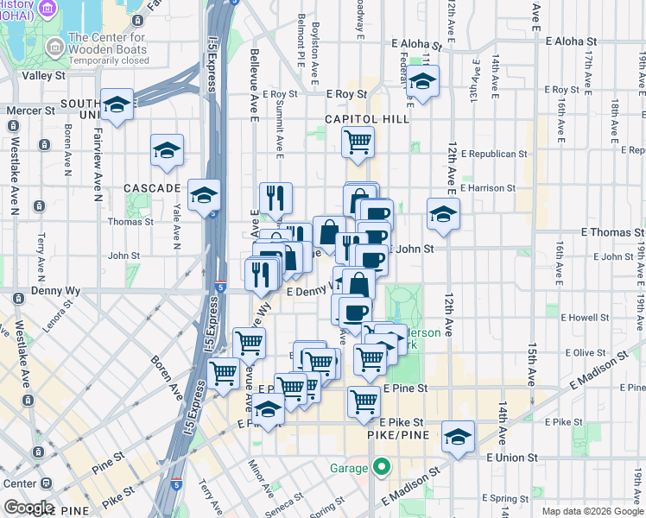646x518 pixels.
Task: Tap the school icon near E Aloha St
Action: pos(422,82)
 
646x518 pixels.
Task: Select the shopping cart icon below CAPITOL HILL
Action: pos(358,140)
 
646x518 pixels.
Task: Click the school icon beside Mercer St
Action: pos(117,104)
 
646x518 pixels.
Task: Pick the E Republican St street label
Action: pos(493,154)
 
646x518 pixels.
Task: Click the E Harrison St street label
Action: pos(488,187)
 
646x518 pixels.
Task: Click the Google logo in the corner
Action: pos(28,508)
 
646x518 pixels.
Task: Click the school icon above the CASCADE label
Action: pos(167,150)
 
